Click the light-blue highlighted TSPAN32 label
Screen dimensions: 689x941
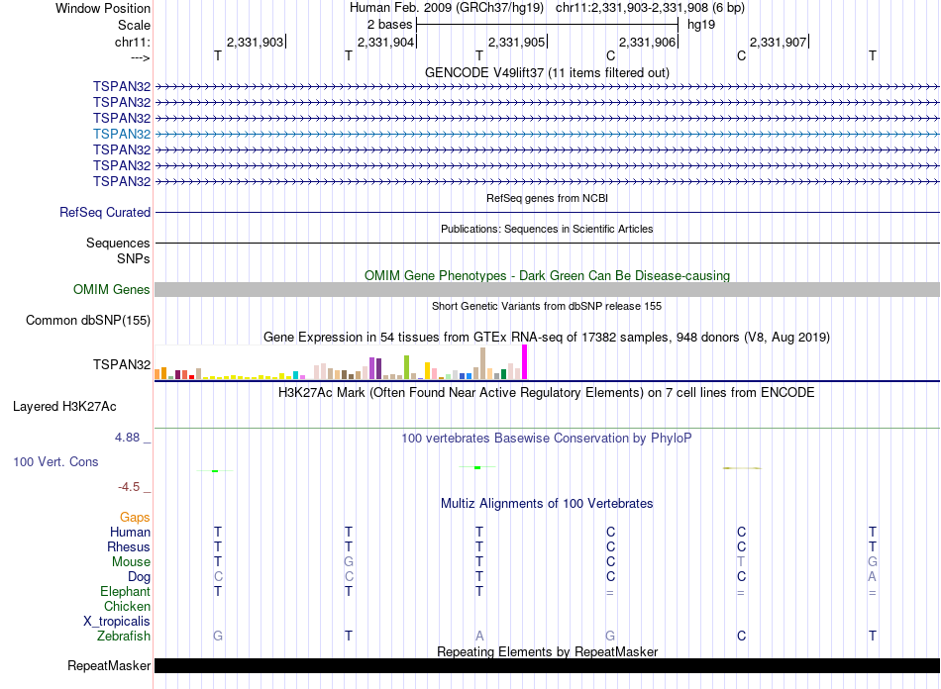[x=122, y=134]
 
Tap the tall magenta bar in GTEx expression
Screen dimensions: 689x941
[x=525, y=361]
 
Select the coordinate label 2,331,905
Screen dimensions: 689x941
[x=516, y=42]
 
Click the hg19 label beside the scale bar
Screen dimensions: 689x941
[x=701, y=24]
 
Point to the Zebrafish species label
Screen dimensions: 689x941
[x=124, y=636]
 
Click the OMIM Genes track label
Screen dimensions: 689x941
[x=112, y=290]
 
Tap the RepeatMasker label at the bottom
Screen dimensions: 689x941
[x=109, y=665]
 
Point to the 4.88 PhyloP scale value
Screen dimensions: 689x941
[x=133, y=436]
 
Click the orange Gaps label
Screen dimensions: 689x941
[x=135, y=517]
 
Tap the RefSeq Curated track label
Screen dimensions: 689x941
[x=105, y=212]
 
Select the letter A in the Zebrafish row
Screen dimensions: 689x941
[x=479, y=636]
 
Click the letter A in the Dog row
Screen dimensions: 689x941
[x=872, y=576]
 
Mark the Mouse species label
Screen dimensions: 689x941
[x=131, y=561]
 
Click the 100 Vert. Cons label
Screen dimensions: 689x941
[x=56, y=461]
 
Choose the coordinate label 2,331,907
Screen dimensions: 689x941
[x=778, y=42]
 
